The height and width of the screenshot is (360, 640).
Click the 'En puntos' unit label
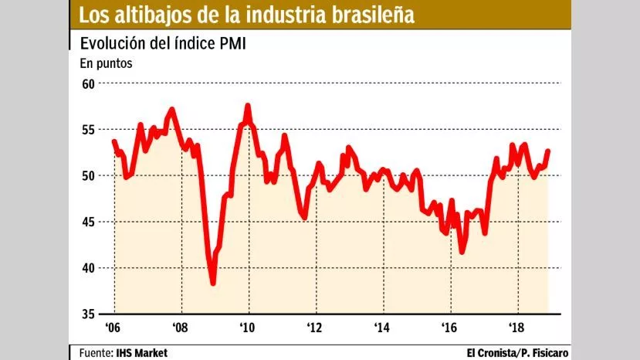tap(106, 63)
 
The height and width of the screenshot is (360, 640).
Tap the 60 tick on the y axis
tap(88, 83)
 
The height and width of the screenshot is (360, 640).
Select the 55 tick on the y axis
tap(88, 130)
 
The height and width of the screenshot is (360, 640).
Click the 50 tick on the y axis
tap(88, 175)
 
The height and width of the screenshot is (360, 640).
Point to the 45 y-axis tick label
tap(88, 222)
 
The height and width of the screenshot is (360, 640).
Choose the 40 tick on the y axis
tap(88, 268)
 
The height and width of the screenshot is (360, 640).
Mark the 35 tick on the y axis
tap(88, 314)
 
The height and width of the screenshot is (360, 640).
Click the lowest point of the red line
tap(213, 283)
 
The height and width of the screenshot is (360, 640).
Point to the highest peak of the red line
tap(248, 106)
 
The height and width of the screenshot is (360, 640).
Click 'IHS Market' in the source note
tap(142, 353)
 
